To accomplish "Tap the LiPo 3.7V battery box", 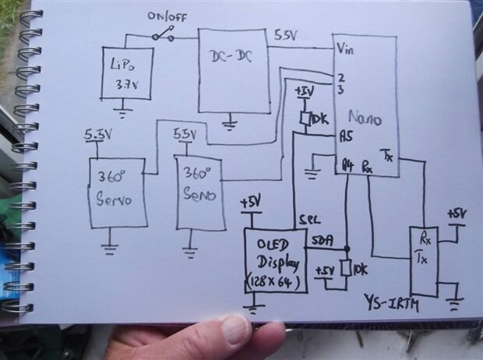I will (x=127, y=72).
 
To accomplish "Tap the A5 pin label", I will (x=347, y=135).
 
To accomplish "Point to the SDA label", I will (x=321, y=242).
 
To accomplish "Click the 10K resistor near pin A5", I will (x=306, y=118).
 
